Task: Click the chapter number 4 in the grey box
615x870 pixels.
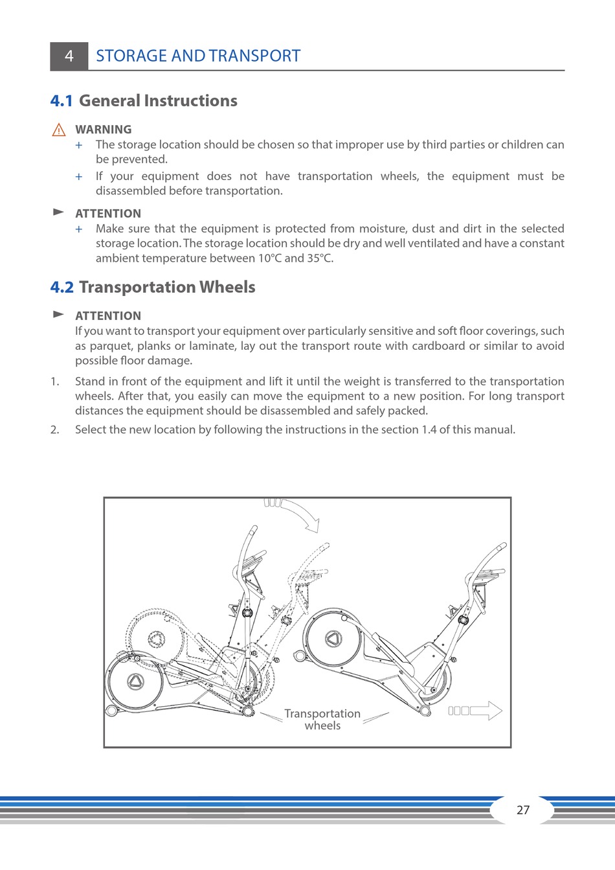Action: (69, 56)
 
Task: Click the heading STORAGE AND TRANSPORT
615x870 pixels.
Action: (198, 56)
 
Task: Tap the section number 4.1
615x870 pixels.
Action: (61, 101)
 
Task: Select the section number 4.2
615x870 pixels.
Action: (62, 288)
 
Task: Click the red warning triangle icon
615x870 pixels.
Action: (59, 130)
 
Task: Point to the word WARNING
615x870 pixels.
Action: (103, 130)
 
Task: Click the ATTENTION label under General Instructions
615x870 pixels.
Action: (107, 214)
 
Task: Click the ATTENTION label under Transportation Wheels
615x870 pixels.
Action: (107, 316)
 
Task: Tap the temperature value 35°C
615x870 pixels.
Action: (320, 258)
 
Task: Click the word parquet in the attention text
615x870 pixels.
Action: (110, 346)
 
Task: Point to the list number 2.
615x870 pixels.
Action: (54, 429)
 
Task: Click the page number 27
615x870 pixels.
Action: (523, 810)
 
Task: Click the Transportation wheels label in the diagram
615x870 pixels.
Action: (322, 720)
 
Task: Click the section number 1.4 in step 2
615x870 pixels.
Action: (429, 429)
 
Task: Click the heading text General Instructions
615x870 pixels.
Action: (158, 101)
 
